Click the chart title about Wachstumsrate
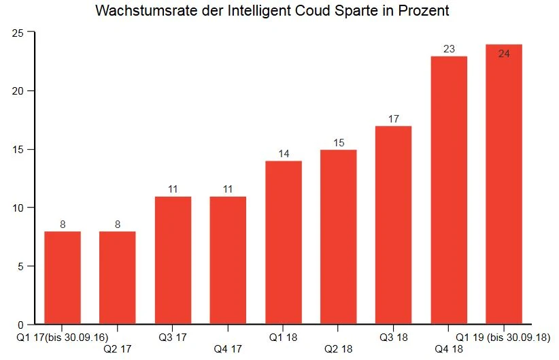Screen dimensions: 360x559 (272, 12)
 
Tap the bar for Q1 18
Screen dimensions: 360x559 (284, 242)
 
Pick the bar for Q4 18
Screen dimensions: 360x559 (449, 190)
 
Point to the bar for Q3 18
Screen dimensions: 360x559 (394, 225)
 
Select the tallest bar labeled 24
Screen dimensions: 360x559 (504, 184)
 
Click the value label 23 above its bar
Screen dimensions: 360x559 (449, 49)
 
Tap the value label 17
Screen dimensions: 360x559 (394, 119)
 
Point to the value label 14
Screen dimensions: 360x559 (284, 154)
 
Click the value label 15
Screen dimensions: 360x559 (339, 143)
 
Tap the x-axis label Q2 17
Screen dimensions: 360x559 (117, 349)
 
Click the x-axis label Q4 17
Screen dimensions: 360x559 (228, 349)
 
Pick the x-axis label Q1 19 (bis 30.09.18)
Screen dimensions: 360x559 (505, 337)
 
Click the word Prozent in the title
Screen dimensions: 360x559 (424, 12)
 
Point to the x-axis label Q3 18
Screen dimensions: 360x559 (394, 337)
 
